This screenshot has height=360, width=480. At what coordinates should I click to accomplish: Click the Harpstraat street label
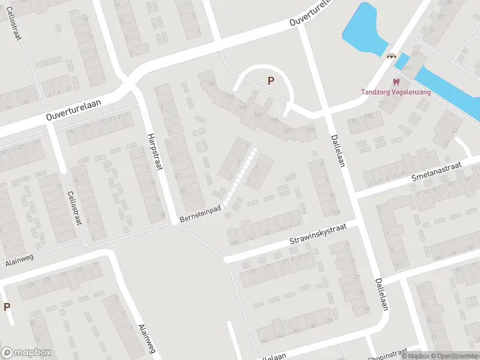pos(155,151)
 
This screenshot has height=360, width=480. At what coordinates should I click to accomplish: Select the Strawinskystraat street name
pos(317,235)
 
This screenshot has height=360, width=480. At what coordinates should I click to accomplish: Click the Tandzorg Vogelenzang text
pos(395,92)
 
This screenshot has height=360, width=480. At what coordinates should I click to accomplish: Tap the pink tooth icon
pos(395,82)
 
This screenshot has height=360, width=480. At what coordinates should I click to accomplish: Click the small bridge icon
pos(391,56)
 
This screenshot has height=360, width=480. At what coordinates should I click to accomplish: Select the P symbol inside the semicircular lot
pos(271,80)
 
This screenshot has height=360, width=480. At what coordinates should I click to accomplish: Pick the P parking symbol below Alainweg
pos(7,307)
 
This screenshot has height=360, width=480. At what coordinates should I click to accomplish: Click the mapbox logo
pos(26,353)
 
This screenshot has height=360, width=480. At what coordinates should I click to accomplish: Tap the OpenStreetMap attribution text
pos(454,356)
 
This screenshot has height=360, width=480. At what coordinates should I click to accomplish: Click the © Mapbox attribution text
pos(415,356)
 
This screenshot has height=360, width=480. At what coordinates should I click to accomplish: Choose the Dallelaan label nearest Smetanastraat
pos(338,151)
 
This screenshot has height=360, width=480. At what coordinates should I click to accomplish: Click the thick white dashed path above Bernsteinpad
pos(240,176)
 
